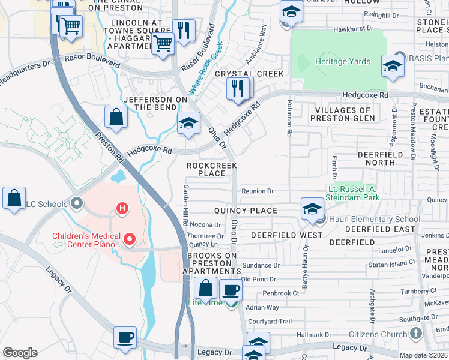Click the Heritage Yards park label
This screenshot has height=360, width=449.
click(343, 62)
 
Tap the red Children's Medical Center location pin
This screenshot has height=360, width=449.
click(128, 239)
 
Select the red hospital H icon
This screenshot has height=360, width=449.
click(122, 209)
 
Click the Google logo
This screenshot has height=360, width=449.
click(20, 353)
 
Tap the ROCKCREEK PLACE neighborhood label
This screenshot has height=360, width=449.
click(212, 169)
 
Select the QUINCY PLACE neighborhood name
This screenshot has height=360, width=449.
click(246, 211)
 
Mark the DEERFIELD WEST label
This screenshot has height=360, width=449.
click(287, 235)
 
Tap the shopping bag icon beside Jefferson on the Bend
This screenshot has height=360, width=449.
click(116, 117)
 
